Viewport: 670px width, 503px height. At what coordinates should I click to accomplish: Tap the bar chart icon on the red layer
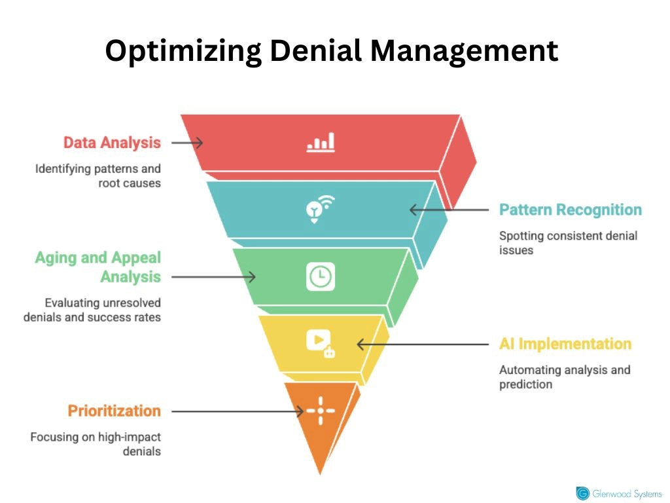coord(321,142)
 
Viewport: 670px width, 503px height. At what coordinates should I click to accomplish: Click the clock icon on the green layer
coord(321,276)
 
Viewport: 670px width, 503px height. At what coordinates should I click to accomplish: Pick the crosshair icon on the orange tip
coord(321,411)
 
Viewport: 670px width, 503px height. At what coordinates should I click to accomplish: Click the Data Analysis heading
coord(112,142)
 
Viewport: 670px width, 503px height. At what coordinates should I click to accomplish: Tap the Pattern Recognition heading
coord(570,210)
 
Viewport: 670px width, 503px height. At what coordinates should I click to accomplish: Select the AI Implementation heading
coord(565,344)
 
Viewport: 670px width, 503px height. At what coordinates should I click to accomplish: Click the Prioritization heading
coord(115,411)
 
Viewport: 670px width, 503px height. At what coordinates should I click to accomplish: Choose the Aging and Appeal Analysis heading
coord(98,267)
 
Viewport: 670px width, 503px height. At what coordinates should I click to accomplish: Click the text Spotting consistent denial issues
coord(568,242)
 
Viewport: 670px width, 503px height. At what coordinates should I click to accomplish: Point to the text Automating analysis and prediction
coord(565,377)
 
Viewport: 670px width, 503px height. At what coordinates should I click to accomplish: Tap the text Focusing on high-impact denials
coord(96,444)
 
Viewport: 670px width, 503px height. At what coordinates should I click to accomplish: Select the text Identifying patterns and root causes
coord(98,176)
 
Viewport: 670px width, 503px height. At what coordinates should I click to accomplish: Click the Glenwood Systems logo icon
coord(582,493)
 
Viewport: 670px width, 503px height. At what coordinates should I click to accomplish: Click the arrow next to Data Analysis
coord(187,142)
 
